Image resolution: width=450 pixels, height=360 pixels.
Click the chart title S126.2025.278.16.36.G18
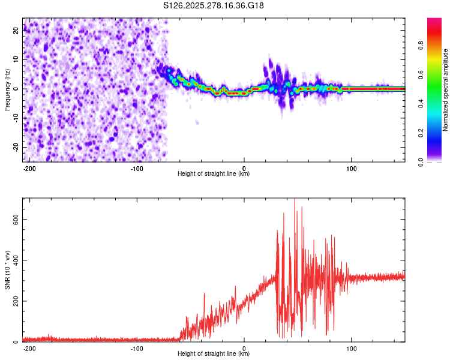(x=214, y=5)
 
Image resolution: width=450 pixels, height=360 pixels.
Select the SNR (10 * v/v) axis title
(x=7, y=270)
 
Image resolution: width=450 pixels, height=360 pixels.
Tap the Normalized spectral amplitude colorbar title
(x=446, y=90)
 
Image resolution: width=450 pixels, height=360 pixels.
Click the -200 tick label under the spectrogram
(x=29, y=169)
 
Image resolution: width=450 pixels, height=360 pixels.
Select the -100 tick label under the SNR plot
(x=137, y=349)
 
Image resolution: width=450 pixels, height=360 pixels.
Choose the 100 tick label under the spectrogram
(x=352, y=169)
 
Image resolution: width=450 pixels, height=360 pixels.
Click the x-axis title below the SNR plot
(x=214, y=354)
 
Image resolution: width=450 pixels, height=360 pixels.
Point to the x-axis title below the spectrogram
(x=214, y=174)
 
